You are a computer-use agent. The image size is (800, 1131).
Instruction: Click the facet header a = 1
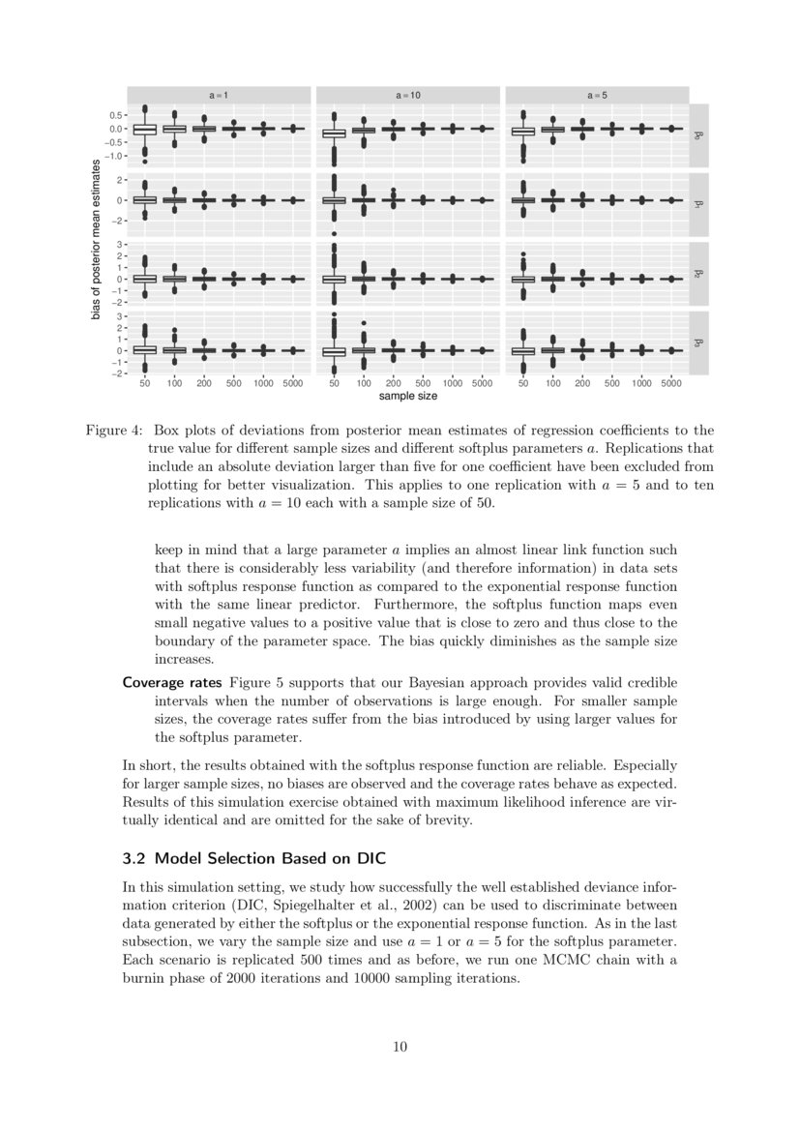click(x=220, y=95)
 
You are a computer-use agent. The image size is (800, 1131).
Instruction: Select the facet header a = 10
click(x=407, y=95)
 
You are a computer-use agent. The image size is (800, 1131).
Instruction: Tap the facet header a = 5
click(x=597, y=95)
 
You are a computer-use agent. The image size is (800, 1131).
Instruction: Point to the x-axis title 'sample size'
click(x=407, y=396)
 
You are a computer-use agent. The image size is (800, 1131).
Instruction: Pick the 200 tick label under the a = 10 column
click(x=394, y=384)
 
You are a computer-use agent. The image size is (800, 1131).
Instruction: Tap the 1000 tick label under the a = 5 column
click(x=641, y=384)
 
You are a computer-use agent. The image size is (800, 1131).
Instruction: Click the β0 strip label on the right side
click(x=699, y=135)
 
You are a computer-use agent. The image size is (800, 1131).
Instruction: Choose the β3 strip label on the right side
click(x=699, y=342)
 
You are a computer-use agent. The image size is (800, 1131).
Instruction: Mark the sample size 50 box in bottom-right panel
click(x=523, y=350)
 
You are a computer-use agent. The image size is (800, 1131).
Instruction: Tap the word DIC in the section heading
click(x=369, y=858)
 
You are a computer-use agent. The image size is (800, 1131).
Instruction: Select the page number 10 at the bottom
click(x=400, y=1046)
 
